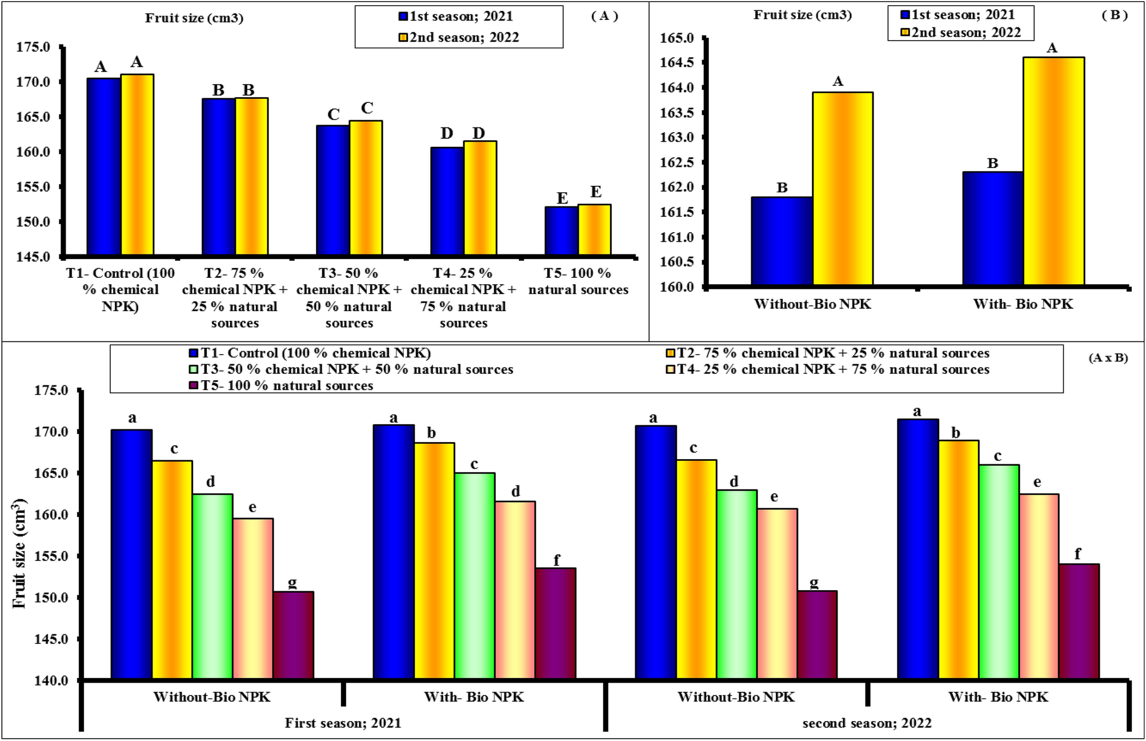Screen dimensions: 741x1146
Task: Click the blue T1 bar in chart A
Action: click(103, 166)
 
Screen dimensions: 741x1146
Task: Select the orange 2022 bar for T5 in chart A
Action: click(595, 229)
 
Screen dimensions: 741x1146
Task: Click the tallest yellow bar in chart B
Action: click(1054, 171)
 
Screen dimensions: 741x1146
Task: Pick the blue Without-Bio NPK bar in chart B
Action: click(782, 241)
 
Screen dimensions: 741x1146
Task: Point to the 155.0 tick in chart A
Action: click(33, 188)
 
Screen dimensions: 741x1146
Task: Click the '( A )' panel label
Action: click(604, 16)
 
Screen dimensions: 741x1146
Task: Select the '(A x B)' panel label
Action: click(1108, 358)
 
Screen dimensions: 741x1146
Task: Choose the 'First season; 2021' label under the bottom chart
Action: click(343, 723)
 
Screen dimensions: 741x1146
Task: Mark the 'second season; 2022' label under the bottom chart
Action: click(867, 723)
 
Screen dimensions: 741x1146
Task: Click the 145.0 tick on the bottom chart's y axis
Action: click(51, 639)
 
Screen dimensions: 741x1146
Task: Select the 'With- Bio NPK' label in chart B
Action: click(1023, 304)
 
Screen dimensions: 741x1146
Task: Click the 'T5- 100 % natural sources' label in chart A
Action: click(578, 281)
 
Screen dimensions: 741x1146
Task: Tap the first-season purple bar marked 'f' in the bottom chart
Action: click(556, 623)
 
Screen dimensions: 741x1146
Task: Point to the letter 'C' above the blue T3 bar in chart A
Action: click(334, 114)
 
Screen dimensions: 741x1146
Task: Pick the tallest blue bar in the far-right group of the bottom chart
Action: click(917, 549)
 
